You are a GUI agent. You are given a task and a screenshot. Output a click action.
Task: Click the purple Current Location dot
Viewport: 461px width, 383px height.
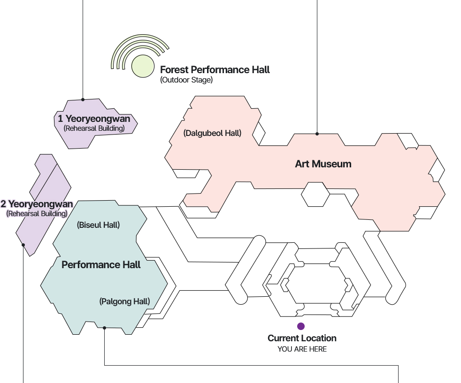point(301,326)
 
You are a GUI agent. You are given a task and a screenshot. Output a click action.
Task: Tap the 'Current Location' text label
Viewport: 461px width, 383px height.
point(302,338)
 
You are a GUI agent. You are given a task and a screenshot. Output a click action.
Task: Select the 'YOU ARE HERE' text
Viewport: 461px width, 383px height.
point(302,349)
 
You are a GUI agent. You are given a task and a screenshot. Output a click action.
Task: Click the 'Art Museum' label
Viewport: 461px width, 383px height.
point(323,164)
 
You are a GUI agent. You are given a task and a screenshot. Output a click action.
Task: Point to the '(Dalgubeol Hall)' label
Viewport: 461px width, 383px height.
point(212,133)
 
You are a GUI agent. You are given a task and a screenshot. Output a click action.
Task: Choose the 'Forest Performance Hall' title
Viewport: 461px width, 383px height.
point(215,70)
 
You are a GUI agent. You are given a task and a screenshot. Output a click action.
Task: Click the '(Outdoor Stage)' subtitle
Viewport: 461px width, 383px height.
point(186,80)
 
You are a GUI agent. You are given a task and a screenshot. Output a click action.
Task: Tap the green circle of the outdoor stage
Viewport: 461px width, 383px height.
point(143,66)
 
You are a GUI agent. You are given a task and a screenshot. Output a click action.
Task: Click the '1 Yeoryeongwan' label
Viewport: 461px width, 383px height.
point(94,119)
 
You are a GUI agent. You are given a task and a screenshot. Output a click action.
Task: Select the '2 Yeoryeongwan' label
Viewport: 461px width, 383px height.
point(37,204)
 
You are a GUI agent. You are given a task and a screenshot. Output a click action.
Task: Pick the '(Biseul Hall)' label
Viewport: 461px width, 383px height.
point(98,225)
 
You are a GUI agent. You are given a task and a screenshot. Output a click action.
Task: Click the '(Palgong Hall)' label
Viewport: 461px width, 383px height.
point(124,301)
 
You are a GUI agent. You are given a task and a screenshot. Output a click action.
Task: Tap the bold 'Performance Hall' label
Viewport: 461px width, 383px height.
point(101,265)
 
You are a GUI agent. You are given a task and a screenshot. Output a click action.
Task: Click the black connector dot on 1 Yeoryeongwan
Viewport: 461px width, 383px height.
point(83,99)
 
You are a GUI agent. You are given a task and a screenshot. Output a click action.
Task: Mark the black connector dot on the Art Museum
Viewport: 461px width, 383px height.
point(317,134)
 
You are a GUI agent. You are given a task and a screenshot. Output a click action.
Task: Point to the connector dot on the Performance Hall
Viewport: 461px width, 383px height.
point(104,328)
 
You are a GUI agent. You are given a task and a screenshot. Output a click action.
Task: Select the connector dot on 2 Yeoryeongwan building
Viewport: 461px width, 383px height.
point(23,245)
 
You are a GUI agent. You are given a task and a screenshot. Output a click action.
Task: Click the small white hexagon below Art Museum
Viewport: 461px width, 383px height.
point(315,195)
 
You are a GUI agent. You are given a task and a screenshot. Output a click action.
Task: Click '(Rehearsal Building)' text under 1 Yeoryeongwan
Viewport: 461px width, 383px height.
point(94,128)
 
